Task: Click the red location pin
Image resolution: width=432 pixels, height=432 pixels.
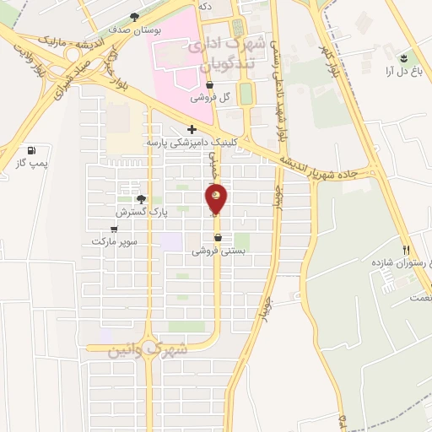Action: [x=217, y=198]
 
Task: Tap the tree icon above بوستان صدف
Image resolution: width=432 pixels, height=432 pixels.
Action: [x=135, y=17]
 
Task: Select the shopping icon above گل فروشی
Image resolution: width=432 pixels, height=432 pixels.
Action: [x=209, y=86]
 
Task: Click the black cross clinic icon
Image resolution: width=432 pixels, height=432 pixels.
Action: [x=192, y=129]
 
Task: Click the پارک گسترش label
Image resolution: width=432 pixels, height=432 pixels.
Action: [x=142, y=213]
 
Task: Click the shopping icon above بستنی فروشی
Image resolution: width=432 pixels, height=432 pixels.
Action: [x=219, y=238]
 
